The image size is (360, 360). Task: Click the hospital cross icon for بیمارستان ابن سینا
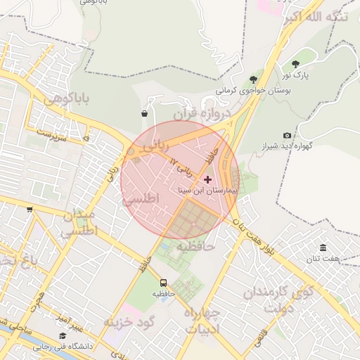[x=207, y=179]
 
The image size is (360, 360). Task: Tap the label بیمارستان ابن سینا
[x=210, y=190]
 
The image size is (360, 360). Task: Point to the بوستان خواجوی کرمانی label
[x=258, y=90]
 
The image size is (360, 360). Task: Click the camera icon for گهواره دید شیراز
[x=287, y=135]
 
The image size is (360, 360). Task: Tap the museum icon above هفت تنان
[x=323, y=248]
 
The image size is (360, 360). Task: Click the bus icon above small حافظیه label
[x=164, y=283]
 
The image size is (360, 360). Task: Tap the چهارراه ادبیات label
[x=202, y=320]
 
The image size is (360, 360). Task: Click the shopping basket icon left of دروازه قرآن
[x=144, y=113]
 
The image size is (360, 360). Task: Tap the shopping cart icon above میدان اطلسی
[x=30, y=209]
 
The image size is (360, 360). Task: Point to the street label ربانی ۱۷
[x=182, y=167]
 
